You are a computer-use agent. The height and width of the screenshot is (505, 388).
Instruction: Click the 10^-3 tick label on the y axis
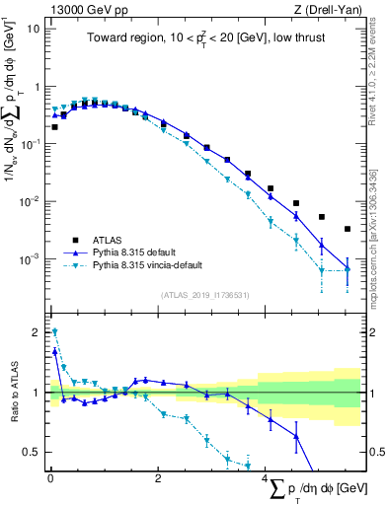(30, 259)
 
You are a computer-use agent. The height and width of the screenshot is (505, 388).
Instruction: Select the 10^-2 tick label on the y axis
(30, 201)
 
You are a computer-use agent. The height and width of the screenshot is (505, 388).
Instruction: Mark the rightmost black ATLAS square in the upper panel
(347, 229)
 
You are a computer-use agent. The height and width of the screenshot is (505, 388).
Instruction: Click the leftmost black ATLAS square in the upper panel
(54, 127)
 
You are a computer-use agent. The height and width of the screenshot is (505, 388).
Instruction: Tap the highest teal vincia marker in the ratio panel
(54, 332)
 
